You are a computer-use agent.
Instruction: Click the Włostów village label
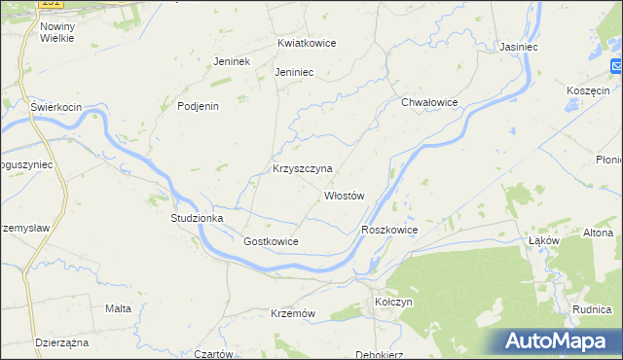[345, 196]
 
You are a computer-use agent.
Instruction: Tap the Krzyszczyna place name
[302, 168]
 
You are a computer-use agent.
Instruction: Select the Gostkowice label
[271, 241]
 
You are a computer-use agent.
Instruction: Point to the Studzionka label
[198, 219]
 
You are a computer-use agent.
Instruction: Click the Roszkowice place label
[389, 230]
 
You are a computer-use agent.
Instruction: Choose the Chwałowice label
[429, 102]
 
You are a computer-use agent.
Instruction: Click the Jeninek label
[233, 61]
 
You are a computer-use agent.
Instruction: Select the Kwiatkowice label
[306, 44]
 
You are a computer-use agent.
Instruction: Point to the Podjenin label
[199, 107]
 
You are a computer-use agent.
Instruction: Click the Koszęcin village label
[587, 90]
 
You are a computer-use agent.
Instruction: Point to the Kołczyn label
[394, 303]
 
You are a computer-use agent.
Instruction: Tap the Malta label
[118, 308]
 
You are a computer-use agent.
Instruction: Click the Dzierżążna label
[62, 342]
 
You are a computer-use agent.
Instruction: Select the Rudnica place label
[592, 310]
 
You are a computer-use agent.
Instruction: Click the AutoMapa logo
[560, 342]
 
